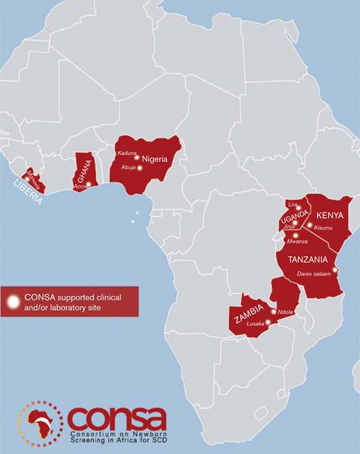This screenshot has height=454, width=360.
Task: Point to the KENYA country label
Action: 328,215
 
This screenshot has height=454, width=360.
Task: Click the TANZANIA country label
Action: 302,260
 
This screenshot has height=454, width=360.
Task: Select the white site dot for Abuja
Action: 140,167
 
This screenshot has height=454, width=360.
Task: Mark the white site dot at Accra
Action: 89,184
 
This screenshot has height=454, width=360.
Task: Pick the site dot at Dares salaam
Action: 335,270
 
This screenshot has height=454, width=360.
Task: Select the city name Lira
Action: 292,205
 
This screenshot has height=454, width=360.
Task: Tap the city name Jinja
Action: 289,226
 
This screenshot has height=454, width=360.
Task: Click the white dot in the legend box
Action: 12,302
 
